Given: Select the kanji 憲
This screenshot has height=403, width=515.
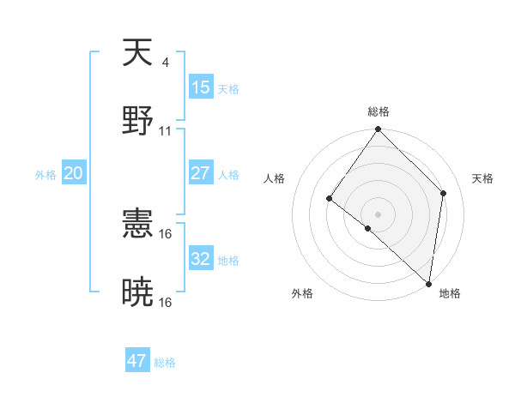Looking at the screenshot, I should coord(138,226).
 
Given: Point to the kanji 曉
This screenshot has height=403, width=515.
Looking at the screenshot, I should coord(138,292).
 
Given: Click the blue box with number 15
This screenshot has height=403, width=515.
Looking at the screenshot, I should coord(201,87).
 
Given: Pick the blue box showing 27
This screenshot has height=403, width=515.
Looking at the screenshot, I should coord(201,173).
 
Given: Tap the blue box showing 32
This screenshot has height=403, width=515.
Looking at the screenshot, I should coord(201,259).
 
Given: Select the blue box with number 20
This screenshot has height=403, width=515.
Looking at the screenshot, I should coord(74,173).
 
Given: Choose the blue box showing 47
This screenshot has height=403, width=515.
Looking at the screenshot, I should coord(137,361).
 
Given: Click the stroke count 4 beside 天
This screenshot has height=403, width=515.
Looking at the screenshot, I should coord(165,62).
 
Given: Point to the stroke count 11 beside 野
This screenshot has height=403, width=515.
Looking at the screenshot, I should coord(166,130).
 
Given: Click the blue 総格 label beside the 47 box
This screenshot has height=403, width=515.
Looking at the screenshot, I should coord(165,363).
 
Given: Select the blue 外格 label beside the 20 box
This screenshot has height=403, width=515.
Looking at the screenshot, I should coord(45,175).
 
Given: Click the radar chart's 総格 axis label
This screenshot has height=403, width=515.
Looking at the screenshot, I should coord(379,111).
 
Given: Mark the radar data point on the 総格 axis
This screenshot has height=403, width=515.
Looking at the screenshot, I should coord(379,129).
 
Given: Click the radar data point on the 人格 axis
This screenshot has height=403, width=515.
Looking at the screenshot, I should coord(330,199).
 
